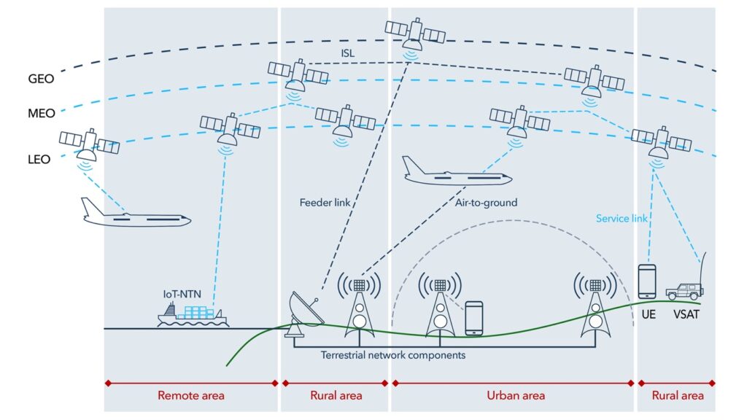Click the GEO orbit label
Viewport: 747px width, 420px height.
click(x=40, y=78)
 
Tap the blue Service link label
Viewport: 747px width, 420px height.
click(x=622, y=218)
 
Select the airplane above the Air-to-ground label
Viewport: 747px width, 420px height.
click(x=456, y=173)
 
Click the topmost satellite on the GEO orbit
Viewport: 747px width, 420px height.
click(x=415, y=32)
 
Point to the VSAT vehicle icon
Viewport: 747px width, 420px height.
click(x=684, y=291)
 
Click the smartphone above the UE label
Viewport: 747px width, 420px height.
click(x=647, y=281)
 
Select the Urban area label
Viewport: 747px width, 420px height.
click(x=515, y=395)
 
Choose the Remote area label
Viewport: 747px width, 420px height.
click(x=191, y=395)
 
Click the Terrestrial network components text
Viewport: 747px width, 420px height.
click(x=393, y=355)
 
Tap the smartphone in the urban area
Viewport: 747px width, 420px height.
click(x=474, y=318)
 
